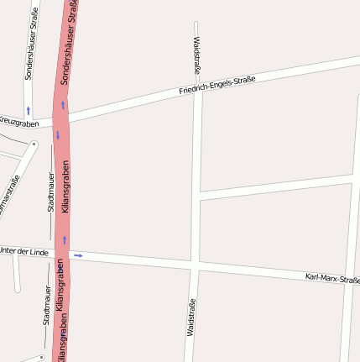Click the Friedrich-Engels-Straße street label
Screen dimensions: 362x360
coord(217,85)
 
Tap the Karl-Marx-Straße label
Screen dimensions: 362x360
coord(332,279)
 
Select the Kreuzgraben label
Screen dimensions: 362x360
coord(18,123)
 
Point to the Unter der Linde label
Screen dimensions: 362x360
coord(23,251)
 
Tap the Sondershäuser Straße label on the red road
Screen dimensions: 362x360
coord(71,46)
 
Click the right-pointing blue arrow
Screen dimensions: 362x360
coord(78,255)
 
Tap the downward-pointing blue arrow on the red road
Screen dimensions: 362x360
coord(58,135)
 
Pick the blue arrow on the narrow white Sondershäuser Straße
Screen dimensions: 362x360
coord(28,110)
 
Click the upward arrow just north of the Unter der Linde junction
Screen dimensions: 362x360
coord(64,240)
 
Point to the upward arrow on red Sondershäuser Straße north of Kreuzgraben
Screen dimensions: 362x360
coord(62,106)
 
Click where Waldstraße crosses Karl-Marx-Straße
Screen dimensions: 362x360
coord(193,266)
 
